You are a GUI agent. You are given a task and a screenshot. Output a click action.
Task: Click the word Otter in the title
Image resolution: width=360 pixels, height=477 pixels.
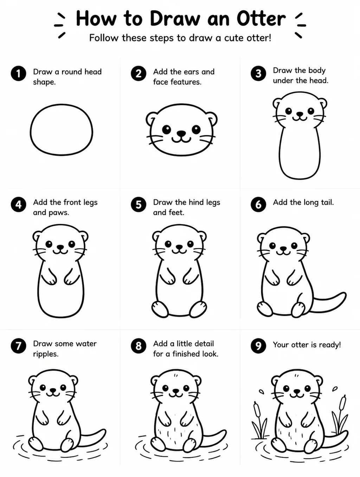pos(261,19)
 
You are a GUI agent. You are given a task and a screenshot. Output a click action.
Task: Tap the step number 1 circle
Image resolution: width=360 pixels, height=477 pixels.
pos(19,73)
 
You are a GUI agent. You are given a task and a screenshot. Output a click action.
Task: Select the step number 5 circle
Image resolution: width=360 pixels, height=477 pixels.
pos(139,204)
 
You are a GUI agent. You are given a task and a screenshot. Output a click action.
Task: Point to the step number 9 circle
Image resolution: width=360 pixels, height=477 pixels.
pos(258,346)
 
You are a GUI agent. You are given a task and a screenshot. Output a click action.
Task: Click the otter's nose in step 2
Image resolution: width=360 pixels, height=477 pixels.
pos(181,133)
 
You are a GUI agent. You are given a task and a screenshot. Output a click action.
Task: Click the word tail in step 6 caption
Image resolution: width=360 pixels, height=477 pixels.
pos(327,202)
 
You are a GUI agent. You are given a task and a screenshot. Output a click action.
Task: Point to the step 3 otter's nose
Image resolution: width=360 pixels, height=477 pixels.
pos(300,114)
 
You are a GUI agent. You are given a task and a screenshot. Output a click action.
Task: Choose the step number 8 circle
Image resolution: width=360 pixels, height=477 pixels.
pos(139,346)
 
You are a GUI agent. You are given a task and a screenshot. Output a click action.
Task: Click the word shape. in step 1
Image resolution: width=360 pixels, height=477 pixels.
pos(44,82)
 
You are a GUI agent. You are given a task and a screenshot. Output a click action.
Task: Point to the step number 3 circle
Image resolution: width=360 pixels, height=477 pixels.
pos(258,73)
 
